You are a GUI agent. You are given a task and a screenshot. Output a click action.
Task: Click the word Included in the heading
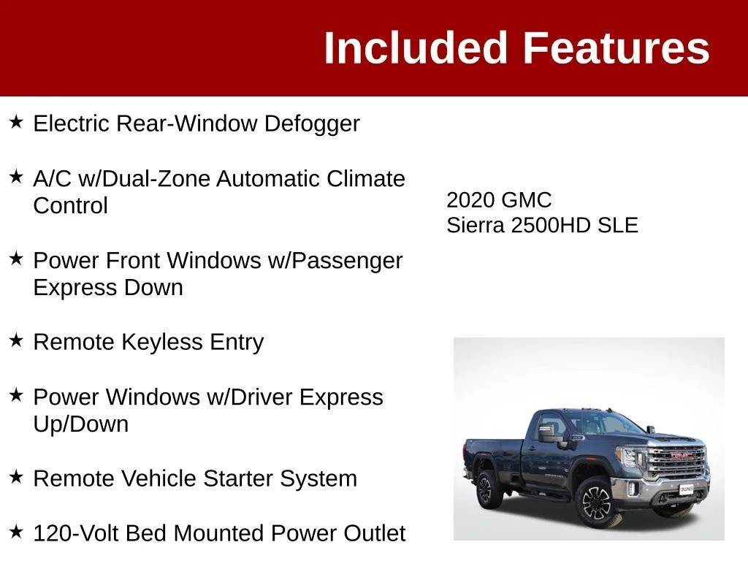click(415, 47)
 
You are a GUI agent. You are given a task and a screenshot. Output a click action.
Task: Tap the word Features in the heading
click(617, 47)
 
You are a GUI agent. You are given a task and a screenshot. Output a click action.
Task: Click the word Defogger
click(312, 124)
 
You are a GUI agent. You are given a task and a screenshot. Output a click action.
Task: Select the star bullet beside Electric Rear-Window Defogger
click(16, 122)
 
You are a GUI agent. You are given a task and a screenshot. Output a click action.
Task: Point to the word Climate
click(366, 179)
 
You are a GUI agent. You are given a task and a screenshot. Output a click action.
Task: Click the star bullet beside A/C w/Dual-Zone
click(16, 177)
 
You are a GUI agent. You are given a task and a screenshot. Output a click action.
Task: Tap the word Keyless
click(162, 343)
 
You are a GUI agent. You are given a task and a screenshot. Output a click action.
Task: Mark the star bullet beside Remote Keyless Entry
click(16, 340)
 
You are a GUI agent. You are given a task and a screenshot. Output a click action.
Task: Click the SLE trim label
click(618, 225)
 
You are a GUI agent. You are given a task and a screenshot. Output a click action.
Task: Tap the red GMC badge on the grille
click(679, 456)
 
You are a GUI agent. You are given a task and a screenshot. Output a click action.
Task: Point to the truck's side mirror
click(546, 432)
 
